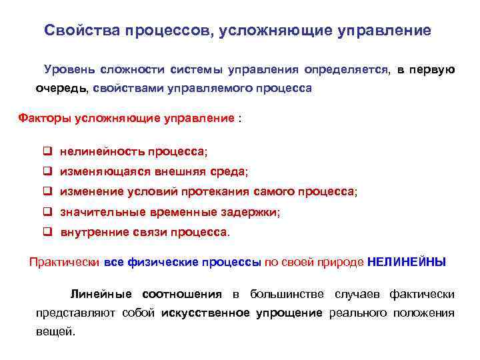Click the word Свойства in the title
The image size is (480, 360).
(74, 31)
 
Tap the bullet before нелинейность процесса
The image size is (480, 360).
(48, 152)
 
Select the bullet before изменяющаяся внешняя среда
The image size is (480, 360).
(48, 172)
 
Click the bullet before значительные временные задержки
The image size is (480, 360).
(48, 212)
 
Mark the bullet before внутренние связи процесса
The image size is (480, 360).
(48, 233)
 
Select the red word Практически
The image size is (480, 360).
(65, 262)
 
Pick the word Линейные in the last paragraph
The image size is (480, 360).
(97, 295)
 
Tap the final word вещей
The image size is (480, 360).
(55, 332)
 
